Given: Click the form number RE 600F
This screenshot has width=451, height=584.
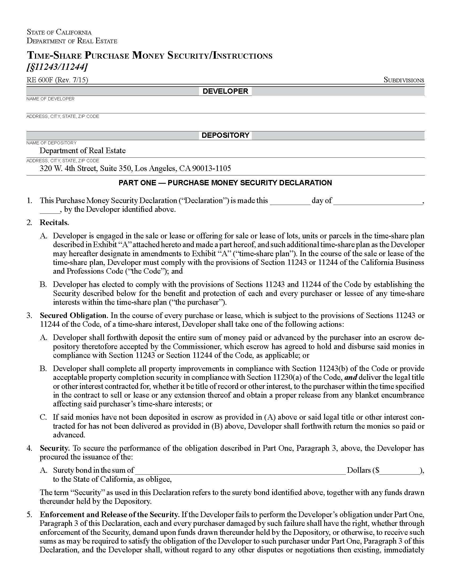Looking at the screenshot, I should (40, 80).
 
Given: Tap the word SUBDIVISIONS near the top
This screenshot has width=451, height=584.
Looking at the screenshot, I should (404, 80).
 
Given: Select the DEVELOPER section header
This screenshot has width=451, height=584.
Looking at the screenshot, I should (225, 91).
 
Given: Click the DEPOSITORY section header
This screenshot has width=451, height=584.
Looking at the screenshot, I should (225, 135).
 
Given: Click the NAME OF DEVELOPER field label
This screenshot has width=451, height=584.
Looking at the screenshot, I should (50, 99).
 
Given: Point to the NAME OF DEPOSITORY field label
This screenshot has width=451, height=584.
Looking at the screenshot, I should (51, 143).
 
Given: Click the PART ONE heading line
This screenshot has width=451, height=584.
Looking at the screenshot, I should (225, 183).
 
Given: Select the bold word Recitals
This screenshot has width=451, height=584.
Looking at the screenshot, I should (54, 222).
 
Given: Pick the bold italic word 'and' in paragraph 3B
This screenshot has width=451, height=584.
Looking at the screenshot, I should (351, 377).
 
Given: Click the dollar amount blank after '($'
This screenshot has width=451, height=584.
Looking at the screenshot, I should (399, 470).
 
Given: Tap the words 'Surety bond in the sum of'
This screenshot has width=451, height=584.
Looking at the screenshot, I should (93, 470).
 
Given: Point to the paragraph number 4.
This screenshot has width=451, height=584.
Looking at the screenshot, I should (29, 448).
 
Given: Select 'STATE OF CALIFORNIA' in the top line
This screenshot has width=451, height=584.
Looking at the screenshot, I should (59, 32).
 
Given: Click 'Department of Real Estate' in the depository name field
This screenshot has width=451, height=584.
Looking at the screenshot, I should (83, 151).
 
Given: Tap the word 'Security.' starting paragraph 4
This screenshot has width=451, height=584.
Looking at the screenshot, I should (55, 448).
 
